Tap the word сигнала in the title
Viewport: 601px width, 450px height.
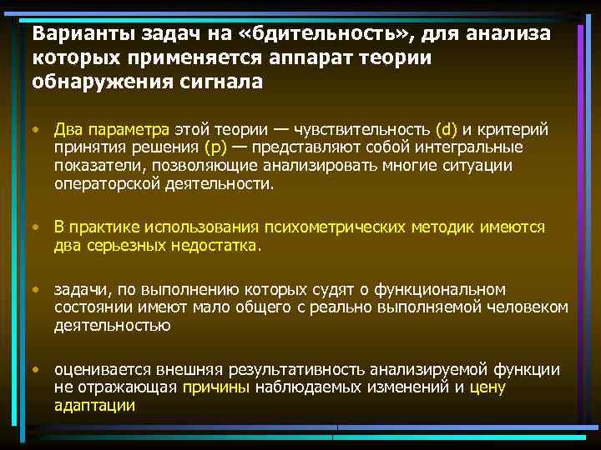click(220, 82)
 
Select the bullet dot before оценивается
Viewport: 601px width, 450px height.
click(37, 368)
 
